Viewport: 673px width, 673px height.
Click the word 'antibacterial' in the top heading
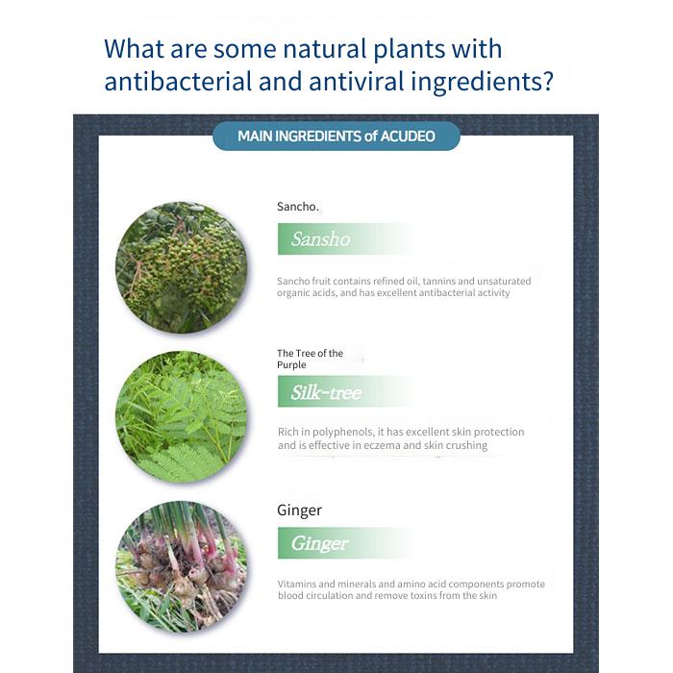[178, 81]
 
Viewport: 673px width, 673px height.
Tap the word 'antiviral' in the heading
[357, 81]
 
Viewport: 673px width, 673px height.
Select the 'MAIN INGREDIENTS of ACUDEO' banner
[336, 137]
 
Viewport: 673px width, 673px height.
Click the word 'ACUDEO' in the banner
[408, 137]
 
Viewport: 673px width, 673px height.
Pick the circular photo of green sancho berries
[182, 267]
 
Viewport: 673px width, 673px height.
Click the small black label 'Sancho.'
[298, 207]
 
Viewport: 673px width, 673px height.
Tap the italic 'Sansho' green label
[320, 239]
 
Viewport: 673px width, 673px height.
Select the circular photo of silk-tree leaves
[182, 417]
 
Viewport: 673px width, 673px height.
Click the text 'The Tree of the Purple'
[310, 359]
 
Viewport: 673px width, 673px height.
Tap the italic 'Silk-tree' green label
[326, 392]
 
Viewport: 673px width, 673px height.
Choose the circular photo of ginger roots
[182, 567]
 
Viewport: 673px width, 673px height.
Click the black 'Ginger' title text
[299, 511]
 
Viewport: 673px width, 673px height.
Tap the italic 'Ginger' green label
[319, 543]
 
